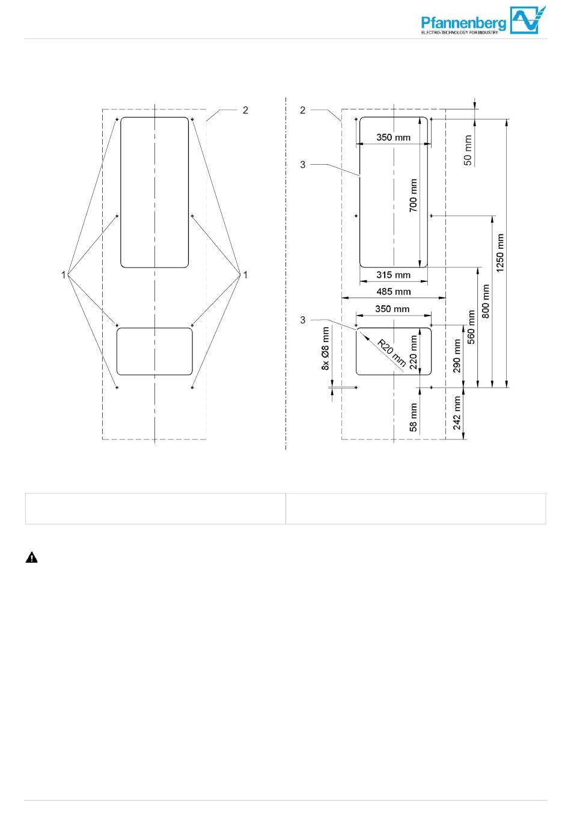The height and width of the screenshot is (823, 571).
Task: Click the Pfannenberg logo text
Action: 463,23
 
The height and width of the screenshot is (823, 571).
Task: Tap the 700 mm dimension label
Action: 414,195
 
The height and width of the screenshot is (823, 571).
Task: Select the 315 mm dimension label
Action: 393,275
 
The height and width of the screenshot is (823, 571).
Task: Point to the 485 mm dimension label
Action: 393,292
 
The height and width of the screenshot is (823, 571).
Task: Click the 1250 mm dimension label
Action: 500,252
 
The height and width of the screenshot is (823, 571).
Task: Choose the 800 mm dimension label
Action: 486,301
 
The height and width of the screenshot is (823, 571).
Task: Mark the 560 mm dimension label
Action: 471,327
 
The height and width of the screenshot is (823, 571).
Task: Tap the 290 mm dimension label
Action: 456,356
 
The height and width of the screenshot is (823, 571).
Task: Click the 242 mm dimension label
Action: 456,412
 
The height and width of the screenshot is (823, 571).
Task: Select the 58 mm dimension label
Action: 413,417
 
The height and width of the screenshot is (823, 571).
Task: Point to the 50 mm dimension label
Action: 468,150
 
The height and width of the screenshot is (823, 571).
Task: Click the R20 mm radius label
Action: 392,353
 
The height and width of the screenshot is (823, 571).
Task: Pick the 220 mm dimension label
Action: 414,352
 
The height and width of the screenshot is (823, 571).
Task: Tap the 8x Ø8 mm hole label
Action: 325,348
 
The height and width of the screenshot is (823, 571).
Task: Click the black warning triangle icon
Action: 32,557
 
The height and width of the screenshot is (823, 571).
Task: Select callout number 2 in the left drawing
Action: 245,110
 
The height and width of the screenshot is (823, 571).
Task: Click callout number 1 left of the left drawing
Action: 64,275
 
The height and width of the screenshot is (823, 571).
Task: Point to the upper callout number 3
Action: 302,165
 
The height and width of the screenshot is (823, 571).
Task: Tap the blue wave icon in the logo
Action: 528,20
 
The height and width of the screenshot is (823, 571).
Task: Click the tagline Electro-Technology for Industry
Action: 459,32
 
